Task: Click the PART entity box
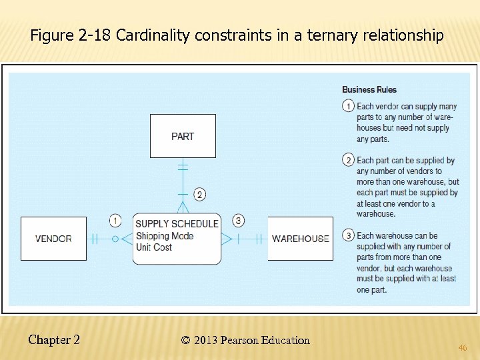click(x=183, y=136)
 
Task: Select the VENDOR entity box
click(x=53, y=239)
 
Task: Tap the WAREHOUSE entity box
click(x=300, y=239)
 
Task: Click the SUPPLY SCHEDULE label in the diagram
click(x=177, y=224)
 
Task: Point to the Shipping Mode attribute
click(x=165, y=236)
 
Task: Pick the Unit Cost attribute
click(x=154, y=247)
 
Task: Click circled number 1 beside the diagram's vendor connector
click(x=115, y=221)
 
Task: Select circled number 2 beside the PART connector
click(x=199, y=195)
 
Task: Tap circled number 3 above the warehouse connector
click(x=239, y=221)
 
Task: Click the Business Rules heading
click(x=369, y=90)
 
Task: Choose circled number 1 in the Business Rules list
click(x=348, y=106)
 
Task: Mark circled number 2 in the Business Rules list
click(x=348, y=160)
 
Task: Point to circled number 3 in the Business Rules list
click(x=348, y=235)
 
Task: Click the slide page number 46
click(x=462, y=347)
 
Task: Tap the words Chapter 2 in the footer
click(x=54, y=340)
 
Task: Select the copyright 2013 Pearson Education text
click(x=245, y=341)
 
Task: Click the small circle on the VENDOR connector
click(x=115, y=239)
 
